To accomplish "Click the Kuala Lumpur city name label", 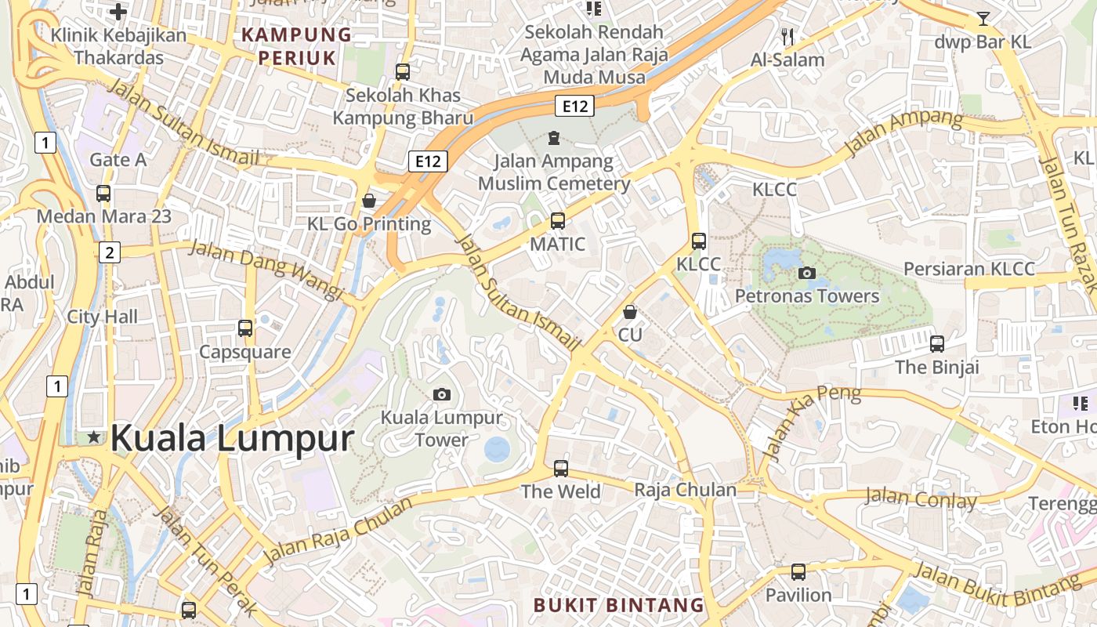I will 232,437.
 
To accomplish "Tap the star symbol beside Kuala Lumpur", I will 94,437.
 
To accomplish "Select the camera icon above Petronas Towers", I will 806,273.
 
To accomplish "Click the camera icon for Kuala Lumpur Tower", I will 442,394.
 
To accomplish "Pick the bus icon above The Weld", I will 560,469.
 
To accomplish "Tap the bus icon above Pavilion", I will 798,572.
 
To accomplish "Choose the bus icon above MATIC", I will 557,221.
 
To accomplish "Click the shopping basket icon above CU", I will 630,312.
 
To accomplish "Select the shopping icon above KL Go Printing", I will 369,201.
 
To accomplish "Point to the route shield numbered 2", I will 110,252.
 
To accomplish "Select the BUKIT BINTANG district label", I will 619,604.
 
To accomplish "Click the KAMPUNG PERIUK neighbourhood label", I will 297,45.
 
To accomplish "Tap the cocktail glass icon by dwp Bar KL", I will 983,18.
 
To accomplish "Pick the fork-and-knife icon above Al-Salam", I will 787,36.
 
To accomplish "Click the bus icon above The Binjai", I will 937,343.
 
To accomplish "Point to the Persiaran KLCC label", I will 968,269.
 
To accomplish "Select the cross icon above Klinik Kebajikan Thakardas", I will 118,12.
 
